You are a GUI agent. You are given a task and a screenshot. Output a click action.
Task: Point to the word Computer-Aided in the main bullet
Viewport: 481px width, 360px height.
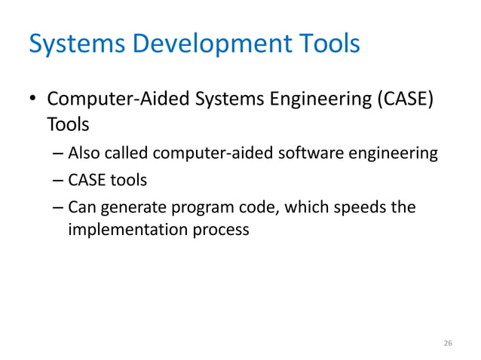pyautogui.click(x=109, y=99)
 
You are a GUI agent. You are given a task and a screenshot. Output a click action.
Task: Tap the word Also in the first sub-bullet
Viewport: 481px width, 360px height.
pyautogui.click(x=84, y=154)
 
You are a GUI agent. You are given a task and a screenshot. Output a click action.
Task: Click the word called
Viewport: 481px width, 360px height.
pyautogui.click(x=127, y=154)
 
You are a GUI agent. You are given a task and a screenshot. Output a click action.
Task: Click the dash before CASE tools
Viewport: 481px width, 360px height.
pyautogui.click(x=60, y=181)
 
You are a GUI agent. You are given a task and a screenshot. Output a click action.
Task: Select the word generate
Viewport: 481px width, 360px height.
pyautogui.click(x=129, y=206)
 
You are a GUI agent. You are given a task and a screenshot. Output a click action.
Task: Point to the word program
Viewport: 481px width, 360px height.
pyautogui.click(x=198, y=206)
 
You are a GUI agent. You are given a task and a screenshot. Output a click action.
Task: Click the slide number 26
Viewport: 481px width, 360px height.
pyautogui.click(x=448, y=343)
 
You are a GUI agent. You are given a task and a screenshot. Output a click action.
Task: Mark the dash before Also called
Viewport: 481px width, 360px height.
pyautogui.click(x=60, y=155)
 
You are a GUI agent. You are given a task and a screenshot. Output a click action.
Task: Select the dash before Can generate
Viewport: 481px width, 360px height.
pyautogui.click(x=60, y=206)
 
